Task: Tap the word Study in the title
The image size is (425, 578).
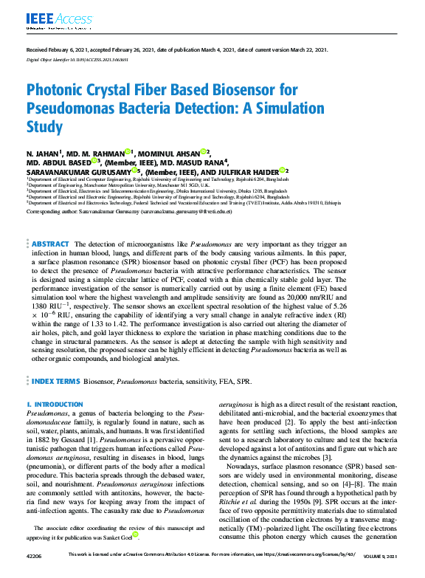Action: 45,128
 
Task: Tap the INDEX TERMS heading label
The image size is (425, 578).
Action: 56,382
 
